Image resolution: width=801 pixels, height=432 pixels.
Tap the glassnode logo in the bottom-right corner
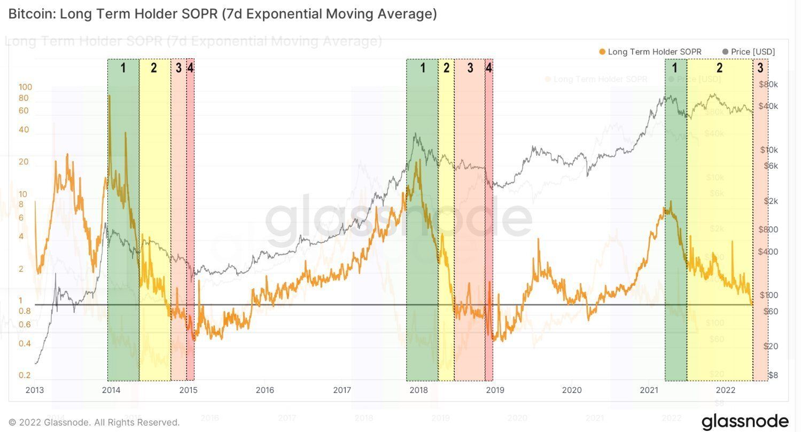click(x=745, y=421)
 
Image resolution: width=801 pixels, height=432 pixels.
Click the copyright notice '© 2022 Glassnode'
click(x=94, y=422)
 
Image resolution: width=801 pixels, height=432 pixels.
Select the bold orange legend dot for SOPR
click(x=602, y=52)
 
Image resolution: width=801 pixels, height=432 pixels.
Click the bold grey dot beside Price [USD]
click(x=725, y=52)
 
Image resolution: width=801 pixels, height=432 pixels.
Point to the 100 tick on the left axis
click(x=25, y=87)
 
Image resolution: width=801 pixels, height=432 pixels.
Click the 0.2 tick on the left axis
click(x=25, y=375)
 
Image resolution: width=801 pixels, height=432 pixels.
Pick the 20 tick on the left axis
click(x=24, y=162)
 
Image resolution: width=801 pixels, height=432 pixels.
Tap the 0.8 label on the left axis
click(x=25, y=311)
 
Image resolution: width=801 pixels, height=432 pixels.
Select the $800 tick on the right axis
click(x=768, y=230)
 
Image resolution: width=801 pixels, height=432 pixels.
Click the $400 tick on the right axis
click(x=768, y=252)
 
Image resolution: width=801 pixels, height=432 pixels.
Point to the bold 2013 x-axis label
click(x=35, y=390)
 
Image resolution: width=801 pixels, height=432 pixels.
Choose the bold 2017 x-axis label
click(x=342, y=390)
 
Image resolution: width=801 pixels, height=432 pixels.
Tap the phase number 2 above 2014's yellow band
click(x=154, y=68)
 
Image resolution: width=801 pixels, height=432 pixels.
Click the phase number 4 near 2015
click(x=190, y=68)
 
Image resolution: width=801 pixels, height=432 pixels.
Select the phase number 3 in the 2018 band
click(x=470, y=68)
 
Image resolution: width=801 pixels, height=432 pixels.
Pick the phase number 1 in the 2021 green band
click(x=675, y=68)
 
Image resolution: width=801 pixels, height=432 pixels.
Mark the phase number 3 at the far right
click(x=760, y=68)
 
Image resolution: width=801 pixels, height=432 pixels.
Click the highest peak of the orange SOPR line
click(x=110, y=96)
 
